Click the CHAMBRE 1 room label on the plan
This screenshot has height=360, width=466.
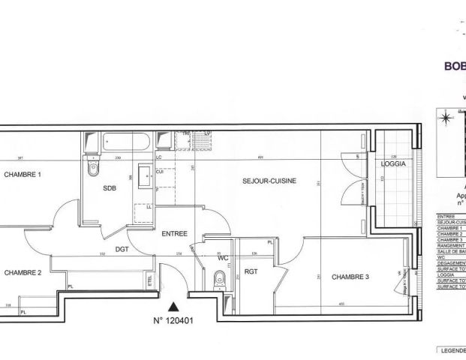(x=23, y=175)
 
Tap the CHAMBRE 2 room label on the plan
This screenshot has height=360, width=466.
(x=23, y=272)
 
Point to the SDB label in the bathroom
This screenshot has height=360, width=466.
(x=110, y=188)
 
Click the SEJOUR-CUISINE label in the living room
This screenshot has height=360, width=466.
(x=269, y=181)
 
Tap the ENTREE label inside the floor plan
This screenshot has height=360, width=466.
(x=175, y=234)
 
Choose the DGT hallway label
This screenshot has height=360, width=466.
(x=123, y=249)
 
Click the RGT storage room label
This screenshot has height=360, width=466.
(x=251, y=271)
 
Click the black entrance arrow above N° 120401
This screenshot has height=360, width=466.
(x=175, y=305)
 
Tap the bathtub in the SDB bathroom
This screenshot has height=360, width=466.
(x=128, y=140)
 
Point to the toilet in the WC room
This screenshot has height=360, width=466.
(x=218, y=277)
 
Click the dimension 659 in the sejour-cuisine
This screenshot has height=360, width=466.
(x=260, y=157)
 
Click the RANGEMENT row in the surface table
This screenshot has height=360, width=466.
(x=451, y=245)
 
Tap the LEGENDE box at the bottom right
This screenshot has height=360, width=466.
(x=452, y=350)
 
